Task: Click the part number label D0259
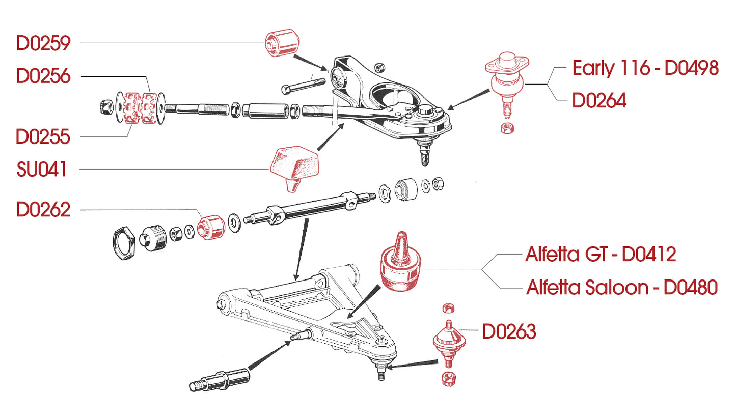[x=43, y=44]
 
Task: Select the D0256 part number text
[x=43, y=76]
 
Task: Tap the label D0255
[x=43, y=137]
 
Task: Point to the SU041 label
[x=42, y=170]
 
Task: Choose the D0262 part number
[x=43, y=210]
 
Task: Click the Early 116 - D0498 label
[x=645, y=68]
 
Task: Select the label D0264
[x=599, y=101]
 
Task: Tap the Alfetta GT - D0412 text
[x=601, y=254]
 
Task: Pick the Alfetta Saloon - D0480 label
[x=621, y=288]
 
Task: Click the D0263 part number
[x=509, y=332]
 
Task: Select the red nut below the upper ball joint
[x=507, y=128]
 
